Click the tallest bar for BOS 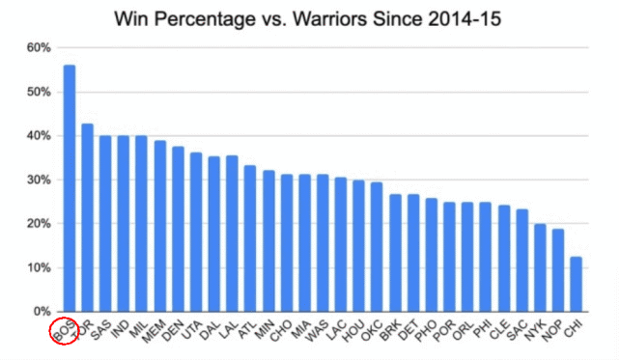coord(70,188)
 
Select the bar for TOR coord(87,218)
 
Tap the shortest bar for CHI coord(576,284)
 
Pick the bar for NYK coord(540,268)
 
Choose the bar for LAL coord(232,234)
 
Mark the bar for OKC coord(377,247)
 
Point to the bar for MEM coord(160,226)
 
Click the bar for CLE coord(504,259)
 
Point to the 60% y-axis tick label coord(39,47)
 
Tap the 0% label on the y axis coord(42,312)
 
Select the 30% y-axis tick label coord(39,180)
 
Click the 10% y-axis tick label coord(39,267)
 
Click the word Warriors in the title coord(329,18)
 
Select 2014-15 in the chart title coord(464,18)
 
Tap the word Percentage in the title coord(205,19)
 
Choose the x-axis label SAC coord(517,330)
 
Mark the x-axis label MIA coord(300,329)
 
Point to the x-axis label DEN coord(173,330)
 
